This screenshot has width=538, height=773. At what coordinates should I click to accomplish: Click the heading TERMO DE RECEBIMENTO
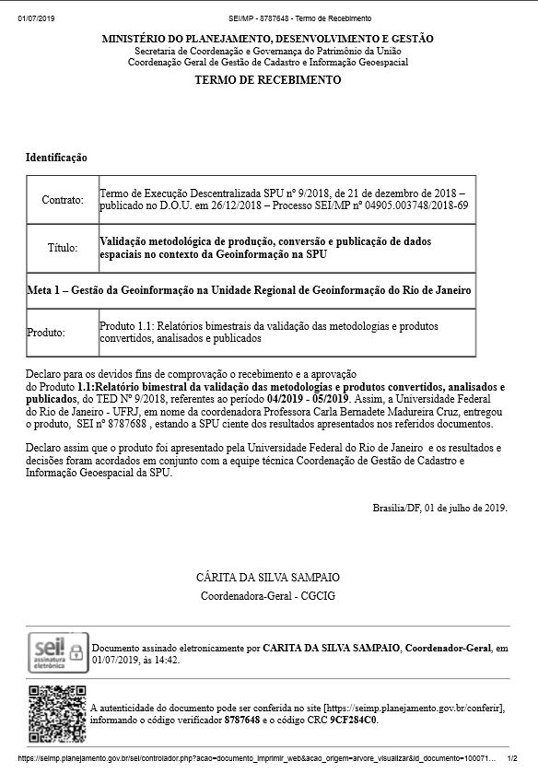point(267,80)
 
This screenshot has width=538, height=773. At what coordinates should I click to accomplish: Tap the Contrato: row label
point(63,199)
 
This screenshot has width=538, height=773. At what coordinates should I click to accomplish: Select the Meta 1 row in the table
point(251,290)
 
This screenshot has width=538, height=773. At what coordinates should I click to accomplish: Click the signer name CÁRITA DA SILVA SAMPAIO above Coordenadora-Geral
point(268,577)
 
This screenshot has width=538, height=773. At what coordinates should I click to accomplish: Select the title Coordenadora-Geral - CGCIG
point(268,595)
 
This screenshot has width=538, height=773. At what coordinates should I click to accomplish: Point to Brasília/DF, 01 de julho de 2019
point(439,508)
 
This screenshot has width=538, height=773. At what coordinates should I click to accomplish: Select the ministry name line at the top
point(267,39)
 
